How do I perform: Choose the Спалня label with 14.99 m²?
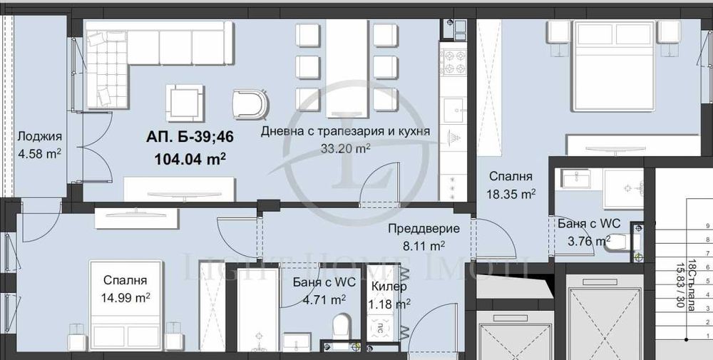(x=125, y=280)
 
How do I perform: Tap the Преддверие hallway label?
(x=423, y=229)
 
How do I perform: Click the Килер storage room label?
(x=389, y=287)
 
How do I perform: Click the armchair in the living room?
(x=250, y=103)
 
